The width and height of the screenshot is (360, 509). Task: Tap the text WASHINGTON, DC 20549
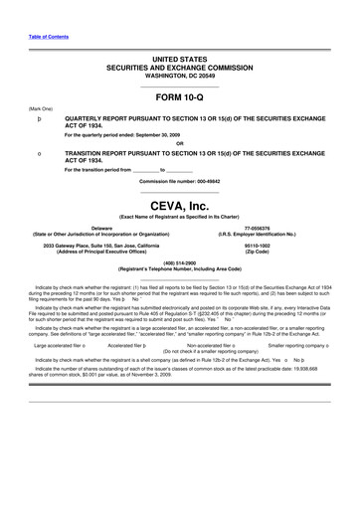click(180, 75)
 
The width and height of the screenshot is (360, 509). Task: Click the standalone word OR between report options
click(180, 142)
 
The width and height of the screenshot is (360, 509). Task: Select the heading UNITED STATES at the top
click(180, 61)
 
